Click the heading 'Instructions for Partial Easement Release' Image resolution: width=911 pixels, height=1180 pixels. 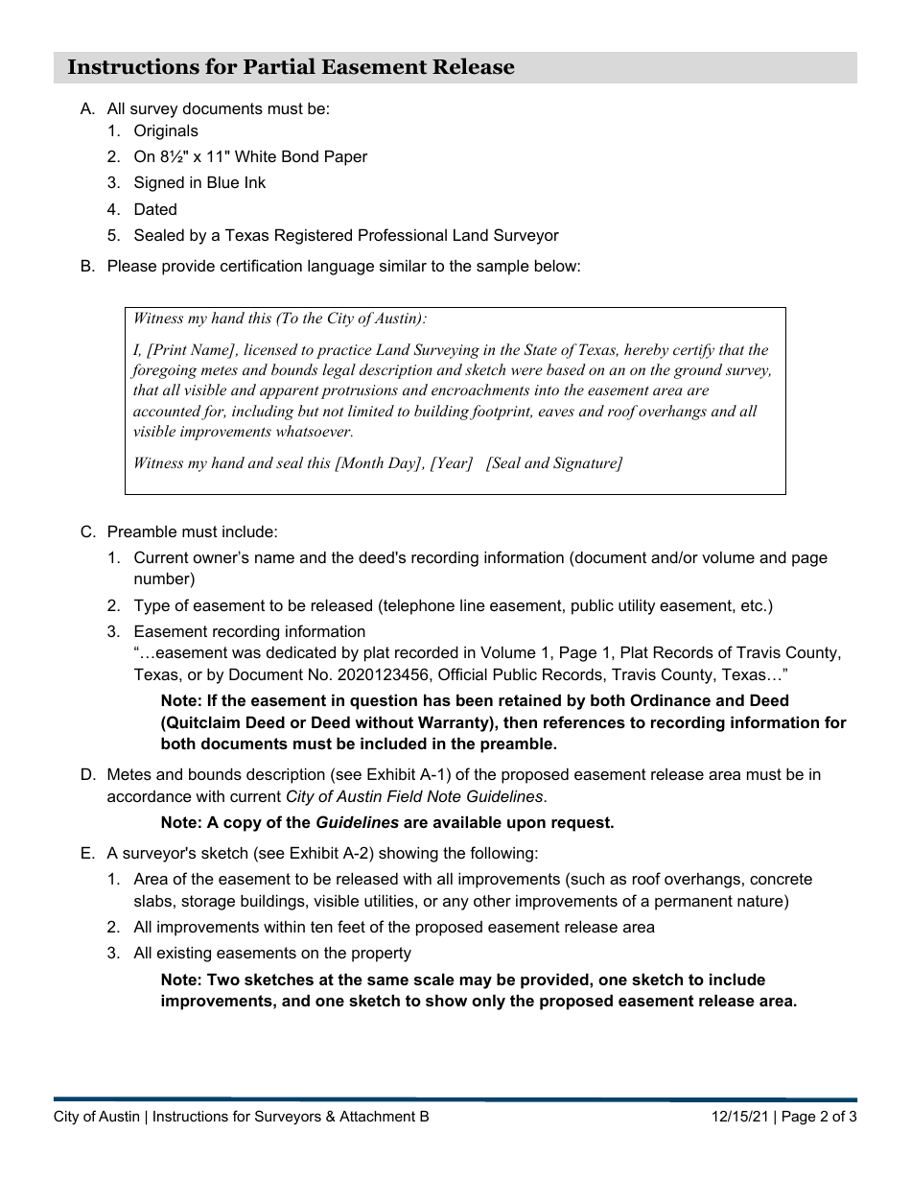click(291, 67)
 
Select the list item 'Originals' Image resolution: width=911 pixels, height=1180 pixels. click(166, 130)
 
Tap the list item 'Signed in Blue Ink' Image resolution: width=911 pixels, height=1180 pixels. click(199, 182)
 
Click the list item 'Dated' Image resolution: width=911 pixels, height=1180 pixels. click(155, 209)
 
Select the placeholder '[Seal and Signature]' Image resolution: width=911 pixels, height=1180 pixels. click(554, 463)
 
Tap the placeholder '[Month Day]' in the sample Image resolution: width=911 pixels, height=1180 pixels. click(378, 463)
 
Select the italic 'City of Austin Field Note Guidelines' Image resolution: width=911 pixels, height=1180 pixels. click(414, 796)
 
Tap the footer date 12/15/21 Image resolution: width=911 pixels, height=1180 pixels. click(739, 1117)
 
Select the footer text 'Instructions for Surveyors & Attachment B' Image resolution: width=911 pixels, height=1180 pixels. click(291, 1117)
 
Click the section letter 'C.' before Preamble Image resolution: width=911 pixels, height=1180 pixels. click(88, 531)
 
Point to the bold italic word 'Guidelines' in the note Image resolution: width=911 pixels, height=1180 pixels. click(358, 822)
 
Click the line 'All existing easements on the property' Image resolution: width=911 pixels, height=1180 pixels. click(272, 953)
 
